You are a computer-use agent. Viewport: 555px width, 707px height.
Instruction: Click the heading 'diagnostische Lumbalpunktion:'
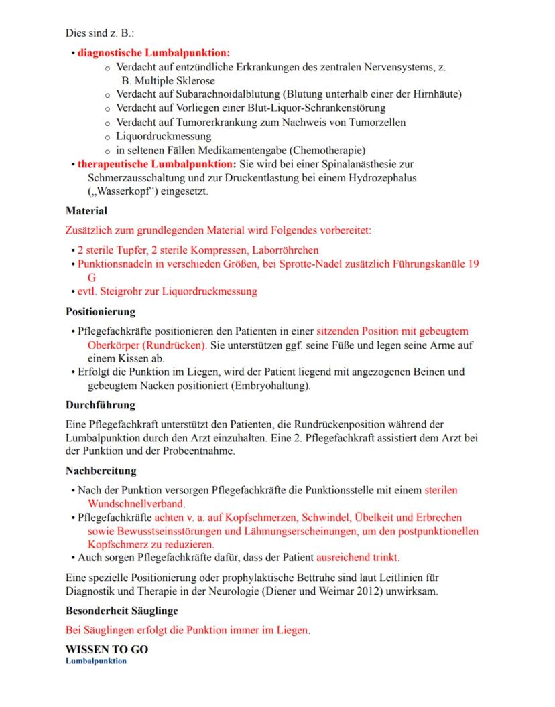pos(153,52)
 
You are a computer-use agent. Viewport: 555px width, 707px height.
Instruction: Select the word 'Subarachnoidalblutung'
pos(223,94)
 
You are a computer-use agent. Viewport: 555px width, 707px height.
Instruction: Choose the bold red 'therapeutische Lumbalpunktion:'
pos(156,164)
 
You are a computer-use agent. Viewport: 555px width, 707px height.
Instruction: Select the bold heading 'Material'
pos(86,211)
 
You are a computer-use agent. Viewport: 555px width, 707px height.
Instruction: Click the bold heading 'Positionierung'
pos(101,311)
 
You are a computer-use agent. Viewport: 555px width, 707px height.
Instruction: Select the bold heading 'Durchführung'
pos(100,405)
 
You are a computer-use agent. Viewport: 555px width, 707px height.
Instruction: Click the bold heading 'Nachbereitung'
pos(101,471)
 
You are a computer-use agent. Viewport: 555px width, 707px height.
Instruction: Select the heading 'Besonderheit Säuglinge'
pos(121,611)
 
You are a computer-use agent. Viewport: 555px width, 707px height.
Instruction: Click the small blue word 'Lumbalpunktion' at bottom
pos(96,661)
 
